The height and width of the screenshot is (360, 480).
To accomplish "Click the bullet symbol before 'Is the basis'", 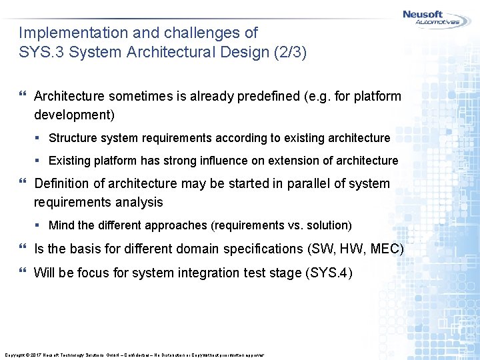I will [x=23, y=249].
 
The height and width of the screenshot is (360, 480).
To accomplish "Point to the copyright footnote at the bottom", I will [x=134, y=355].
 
